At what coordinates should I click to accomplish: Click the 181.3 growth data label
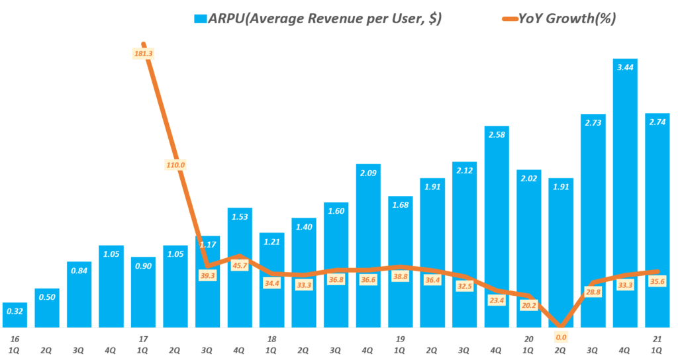(x=144, y=53)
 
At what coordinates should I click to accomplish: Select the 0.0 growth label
(x=561, y=337)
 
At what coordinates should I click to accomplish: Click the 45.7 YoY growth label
(x=240, y=265)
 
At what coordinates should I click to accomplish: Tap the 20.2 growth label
(x=528, y=306)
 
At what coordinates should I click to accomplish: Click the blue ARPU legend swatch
(x=199, y=19)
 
